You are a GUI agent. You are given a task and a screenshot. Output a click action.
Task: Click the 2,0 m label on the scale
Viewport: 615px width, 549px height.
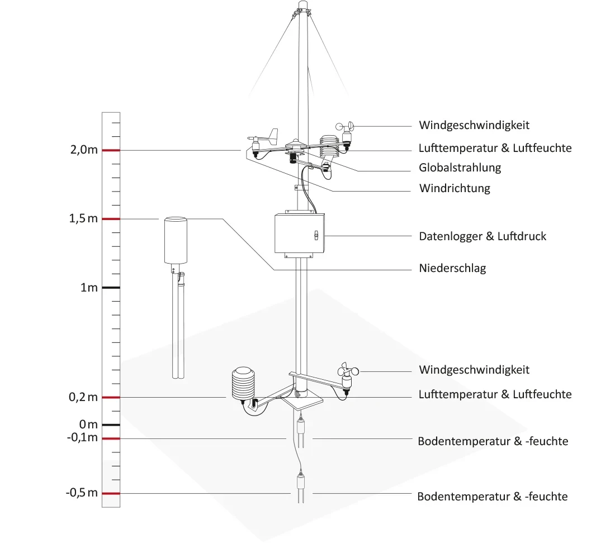click(x=84, y=151)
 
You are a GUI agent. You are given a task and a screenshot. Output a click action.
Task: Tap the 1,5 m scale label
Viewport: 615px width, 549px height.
click(x=84, y=219)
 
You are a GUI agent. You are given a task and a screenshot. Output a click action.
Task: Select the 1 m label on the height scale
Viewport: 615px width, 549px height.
click(x=89, y=288)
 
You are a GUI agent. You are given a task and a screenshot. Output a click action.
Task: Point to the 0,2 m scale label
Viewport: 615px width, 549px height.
click(x=84, y=397)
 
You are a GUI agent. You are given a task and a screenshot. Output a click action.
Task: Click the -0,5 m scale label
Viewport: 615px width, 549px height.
click(x=82, y=493)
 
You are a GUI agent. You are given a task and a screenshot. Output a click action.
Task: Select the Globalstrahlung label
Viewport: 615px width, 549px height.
click(x=460, y=168)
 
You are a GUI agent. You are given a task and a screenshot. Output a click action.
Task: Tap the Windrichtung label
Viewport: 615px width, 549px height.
click(x=454, y=188)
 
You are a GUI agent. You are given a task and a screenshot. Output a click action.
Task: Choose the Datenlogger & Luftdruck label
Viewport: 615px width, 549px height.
click(x=482, y=236)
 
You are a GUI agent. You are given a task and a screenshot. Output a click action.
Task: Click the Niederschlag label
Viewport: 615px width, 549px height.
click(x=452, y=268)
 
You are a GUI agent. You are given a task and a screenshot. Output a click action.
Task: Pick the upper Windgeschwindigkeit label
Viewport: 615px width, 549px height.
click(x=474, y=125)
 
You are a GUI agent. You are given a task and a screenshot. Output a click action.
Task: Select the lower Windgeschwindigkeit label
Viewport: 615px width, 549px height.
click(x=474, y=370)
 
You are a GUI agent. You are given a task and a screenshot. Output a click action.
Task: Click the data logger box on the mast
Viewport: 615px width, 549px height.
click(x=299, y=235)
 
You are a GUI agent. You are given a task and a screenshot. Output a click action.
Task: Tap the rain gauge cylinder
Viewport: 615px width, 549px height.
click(x=176, y=240)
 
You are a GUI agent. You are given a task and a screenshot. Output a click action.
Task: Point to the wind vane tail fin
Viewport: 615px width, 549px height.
click(x=272, y=135)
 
